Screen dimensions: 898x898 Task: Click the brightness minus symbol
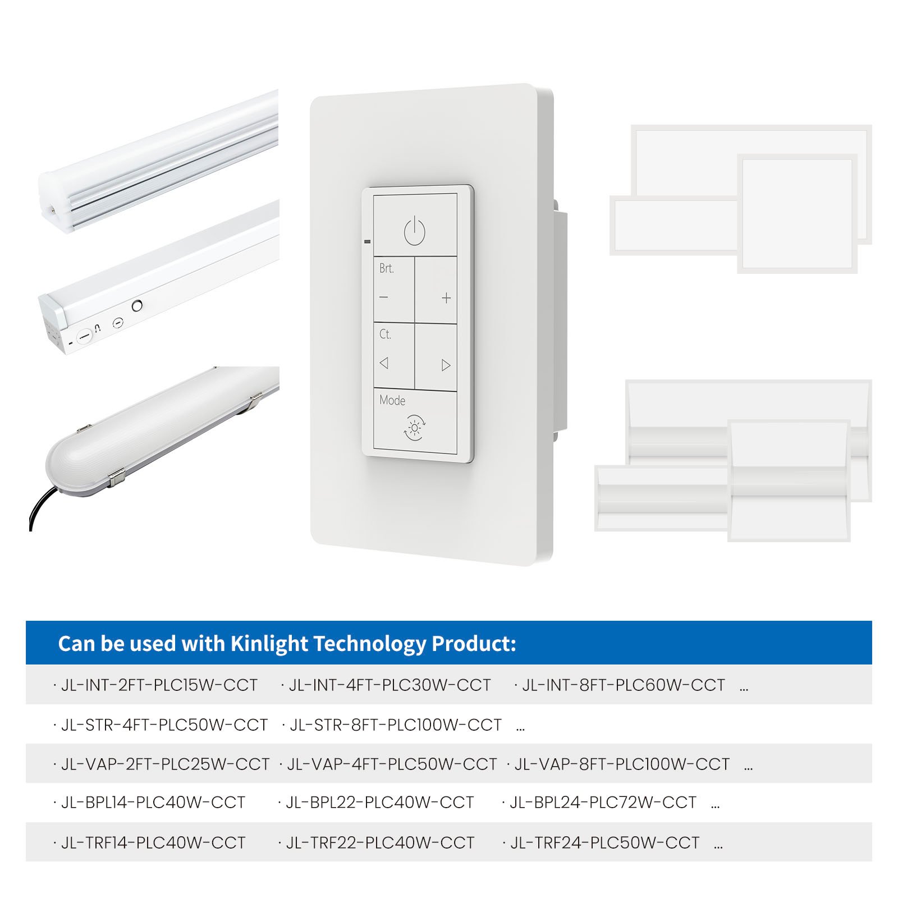pos(384,297)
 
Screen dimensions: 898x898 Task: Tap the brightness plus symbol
pos(446,298)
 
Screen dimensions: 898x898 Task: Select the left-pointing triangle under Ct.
pos(384,363)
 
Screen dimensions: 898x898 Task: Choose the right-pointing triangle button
pos(446,365)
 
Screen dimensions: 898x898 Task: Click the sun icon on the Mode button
pos(415,428)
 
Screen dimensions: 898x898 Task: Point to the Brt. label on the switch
pos(387,268)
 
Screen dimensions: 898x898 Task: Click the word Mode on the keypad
pos(392,400)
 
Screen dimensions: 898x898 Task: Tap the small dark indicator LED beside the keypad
pos(368,242)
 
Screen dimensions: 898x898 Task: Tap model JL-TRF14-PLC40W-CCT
pos(153,843)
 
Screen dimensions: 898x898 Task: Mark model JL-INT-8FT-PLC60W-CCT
pos(624,685)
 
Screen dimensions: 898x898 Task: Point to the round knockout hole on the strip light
pos(136,305)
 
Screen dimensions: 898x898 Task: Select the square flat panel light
pos(797,213)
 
